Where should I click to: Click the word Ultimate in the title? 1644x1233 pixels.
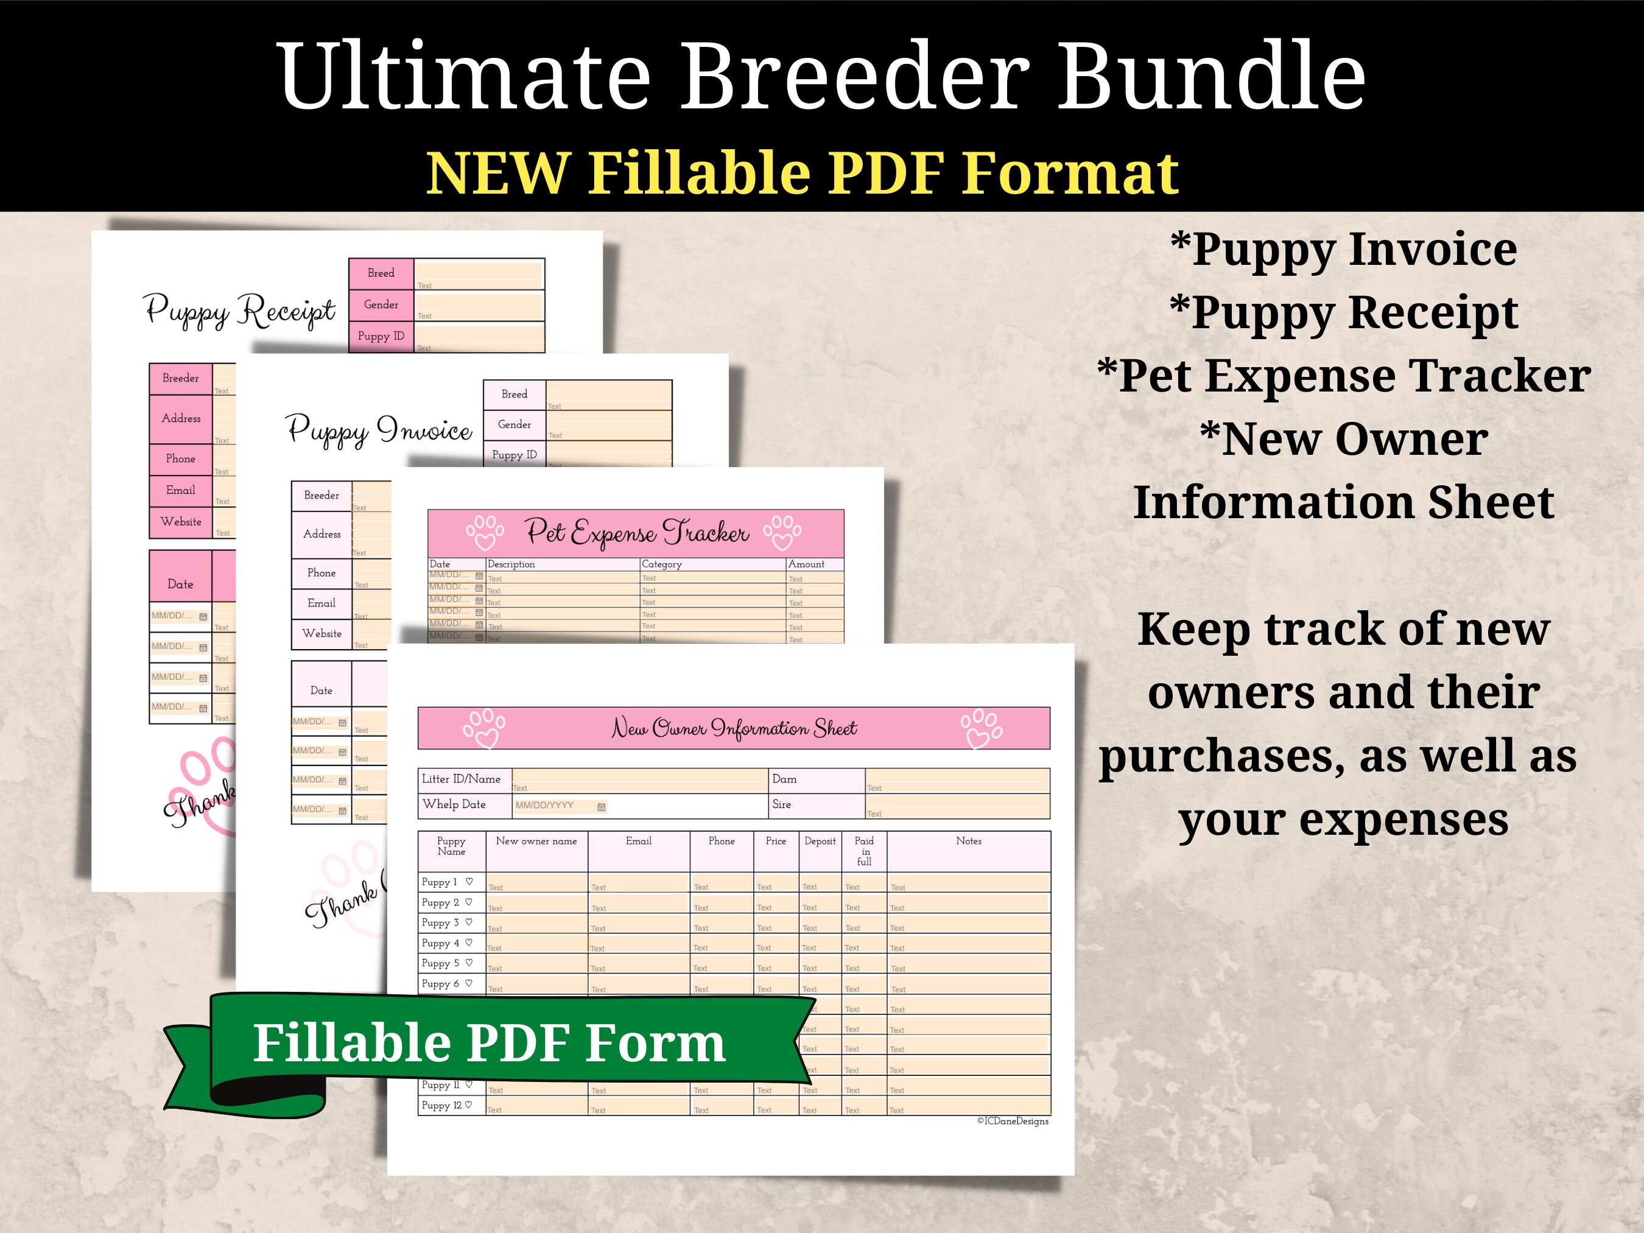(x=465, y=76)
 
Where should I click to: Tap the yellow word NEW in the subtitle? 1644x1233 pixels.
(x=499, y=173)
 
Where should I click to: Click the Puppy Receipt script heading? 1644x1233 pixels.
(x=240, y=310)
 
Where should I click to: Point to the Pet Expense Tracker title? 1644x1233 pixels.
(x=636, y=532)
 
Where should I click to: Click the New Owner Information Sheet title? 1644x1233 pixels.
(x=734, y=728)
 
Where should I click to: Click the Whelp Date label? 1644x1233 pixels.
(x=454, y=804)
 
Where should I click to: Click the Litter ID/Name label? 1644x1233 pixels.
(x=461, y=779)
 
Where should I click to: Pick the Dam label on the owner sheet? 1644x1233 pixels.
(x=784, y=779)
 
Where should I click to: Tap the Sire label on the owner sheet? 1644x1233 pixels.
(x=781, y=804)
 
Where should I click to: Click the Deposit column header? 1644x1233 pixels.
(x=820, y=841)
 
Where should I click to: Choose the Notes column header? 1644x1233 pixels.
(x=968, y=841)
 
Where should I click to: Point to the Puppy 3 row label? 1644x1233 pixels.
(x=441, y=922)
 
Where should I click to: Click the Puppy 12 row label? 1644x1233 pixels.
(x=441, y=1105)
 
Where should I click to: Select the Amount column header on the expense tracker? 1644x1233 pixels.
(x=806, y=564)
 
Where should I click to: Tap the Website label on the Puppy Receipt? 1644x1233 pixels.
(x=181, y=522)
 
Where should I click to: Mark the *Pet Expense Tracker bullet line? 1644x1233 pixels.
(x=1344, y=376)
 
